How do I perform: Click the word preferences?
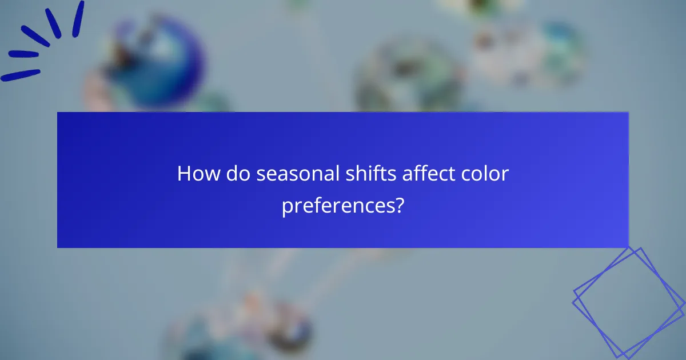tap(338, 206)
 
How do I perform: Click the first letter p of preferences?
tap(287, 208)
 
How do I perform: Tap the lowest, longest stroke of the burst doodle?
tap(21, 75)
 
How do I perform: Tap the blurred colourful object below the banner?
tap(252, 326)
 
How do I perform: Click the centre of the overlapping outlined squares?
tap(629, 302)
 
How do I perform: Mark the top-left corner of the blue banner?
tap(58, 113)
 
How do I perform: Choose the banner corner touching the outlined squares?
tap(628, 247)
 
